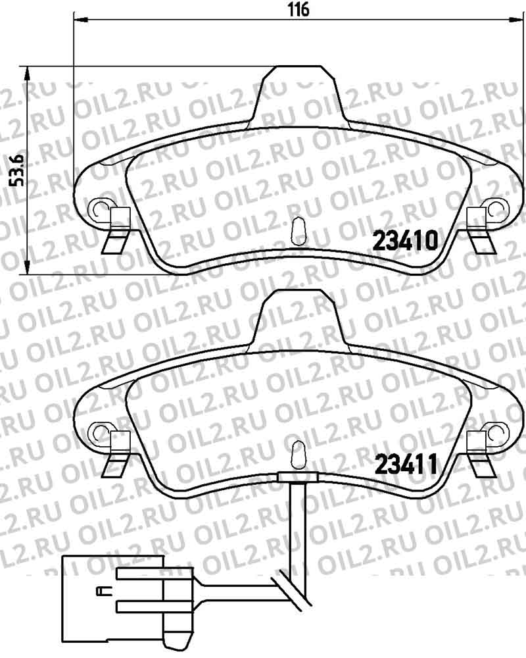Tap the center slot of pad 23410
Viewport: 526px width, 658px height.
[x=298, y=230]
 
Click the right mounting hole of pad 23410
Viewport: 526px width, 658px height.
[x=492, y=209]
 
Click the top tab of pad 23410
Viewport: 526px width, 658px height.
[x=298, y=92]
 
